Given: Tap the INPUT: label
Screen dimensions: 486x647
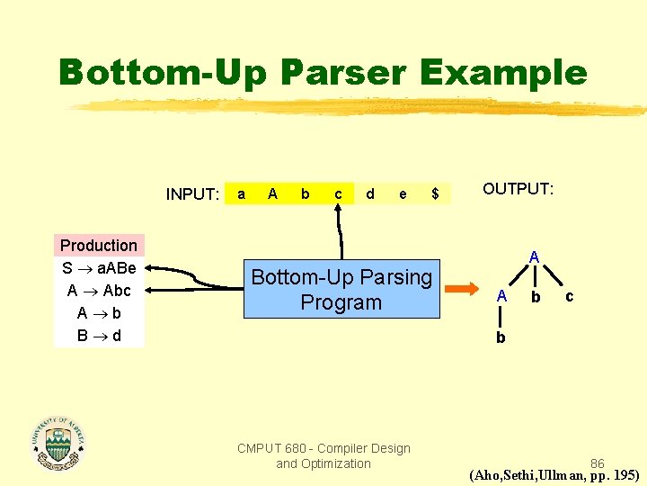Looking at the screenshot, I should point(192,194).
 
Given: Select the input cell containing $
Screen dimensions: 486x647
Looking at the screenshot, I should point(435,193).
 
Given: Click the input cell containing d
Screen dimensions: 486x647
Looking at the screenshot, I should point(370,193).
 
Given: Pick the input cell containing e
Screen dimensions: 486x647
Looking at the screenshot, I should point(403,193).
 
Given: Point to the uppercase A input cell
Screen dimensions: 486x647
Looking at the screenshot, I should point(272,193).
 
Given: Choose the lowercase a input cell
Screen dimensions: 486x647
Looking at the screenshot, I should point(240,193).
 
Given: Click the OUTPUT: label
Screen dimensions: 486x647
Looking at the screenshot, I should point(518,189).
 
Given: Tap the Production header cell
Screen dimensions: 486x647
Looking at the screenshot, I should point(99,246).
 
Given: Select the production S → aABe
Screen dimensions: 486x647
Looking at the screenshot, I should point(99,268).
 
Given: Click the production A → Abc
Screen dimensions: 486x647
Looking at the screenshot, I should point(99,291).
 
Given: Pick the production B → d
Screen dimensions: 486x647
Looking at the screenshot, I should point(99,336).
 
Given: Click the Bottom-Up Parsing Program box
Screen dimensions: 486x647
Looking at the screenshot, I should point(341,290).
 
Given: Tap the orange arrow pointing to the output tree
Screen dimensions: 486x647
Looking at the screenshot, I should point(464,290).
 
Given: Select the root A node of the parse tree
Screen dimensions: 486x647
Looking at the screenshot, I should point(534,257).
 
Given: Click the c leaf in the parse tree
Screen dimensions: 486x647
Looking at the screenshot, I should point(568,296).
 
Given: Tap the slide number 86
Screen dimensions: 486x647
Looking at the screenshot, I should point(597,463).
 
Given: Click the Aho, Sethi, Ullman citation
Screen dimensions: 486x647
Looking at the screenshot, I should point(554,475).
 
